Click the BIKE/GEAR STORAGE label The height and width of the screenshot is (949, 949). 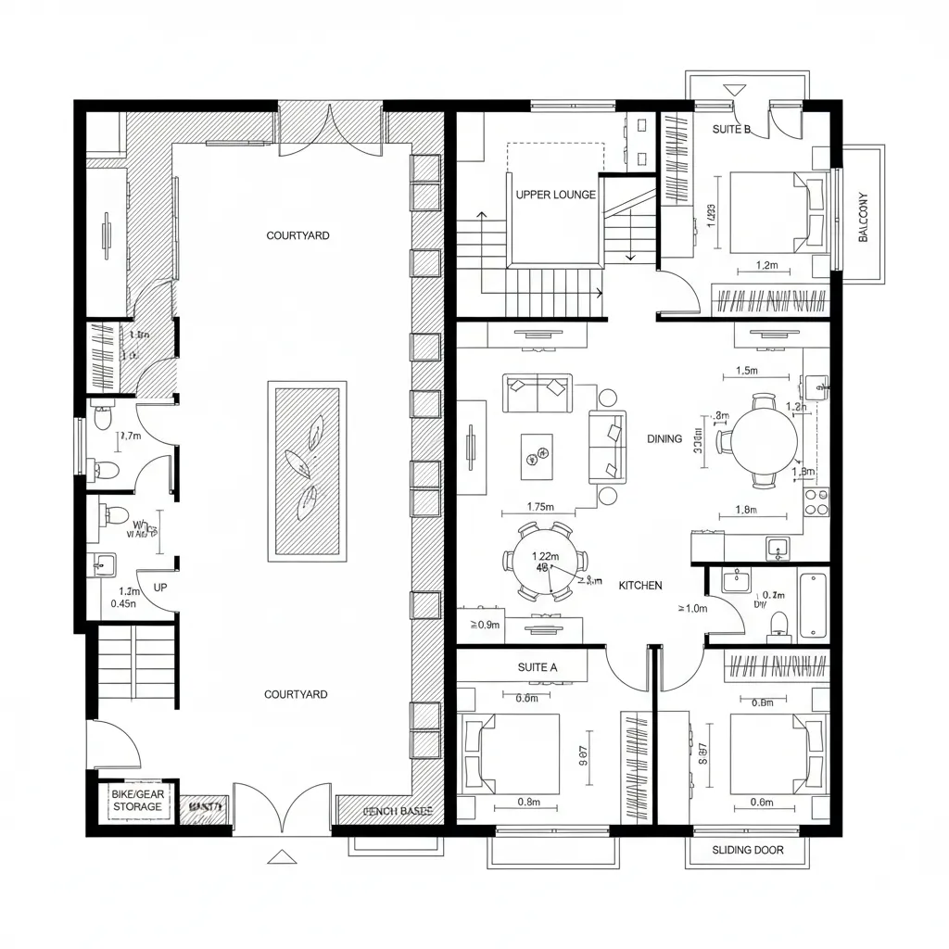point(137,801)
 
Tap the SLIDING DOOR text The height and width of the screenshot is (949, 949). point(747,850)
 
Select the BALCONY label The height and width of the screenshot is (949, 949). point(864,217)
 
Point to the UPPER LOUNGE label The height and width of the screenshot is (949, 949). point(555,195)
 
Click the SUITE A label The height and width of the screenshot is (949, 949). point(538,666)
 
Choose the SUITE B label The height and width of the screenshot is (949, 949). point(731,129)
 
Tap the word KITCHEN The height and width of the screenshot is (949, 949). point(640,586)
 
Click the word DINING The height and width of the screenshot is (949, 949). point(664,438)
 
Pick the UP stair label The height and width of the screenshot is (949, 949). point(159,588)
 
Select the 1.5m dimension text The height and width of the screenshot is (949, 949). point(746,371)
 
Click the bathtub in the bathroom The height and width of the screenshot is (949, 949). point(813,605)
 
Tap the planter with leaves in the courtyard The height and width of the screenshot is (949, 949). point(308,471)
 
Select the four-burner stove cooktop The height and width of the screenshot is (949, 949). point(816,502)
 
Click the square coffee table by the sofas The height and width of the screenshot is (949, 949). point(537,456)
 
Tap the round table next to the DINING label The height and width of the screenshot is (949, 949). point(764,439)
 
